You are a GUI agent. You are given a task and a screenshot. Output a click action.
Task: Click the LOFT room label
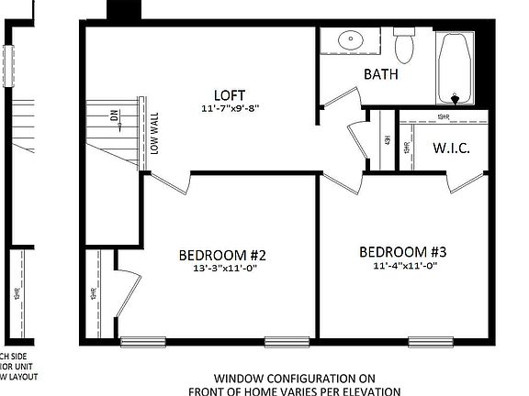(230, 94)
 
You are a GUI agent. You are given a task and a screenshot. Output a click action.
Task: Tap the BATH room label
(381, 74)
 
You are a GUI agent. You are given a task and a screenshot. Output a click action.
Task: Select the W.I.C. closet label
(451, 148)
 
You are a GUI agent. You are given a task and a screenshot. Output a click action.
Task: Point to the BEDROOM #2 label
(222, 254)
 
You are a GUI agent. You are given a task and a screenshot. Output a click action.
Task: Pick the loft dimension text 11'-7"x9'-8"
(230, 107)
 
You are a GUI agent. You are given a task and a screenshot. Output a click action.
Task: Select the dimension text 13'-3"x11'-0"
(222, 269)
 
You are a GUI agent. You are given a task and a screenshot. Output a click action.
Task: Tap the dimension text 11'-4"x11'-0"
(403, 266)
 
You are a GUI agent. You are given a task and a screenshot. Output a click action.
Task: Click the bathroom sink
(351, 40)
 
